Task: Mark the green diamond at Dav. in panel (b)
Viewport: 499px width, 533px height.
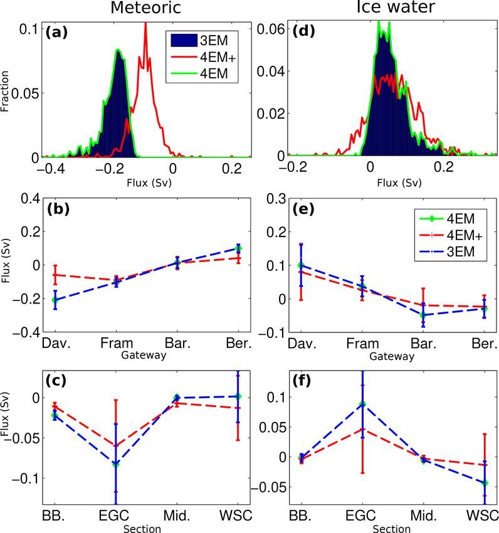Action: [55, 300]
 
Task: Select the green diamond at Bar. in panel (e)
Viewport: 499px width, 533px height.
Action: [423, 315]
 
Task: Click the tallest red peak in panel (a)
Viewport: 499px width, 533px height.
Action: [145, 24]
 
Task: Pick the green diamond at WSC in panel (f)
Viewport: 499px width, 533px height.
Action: [483, 483]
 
